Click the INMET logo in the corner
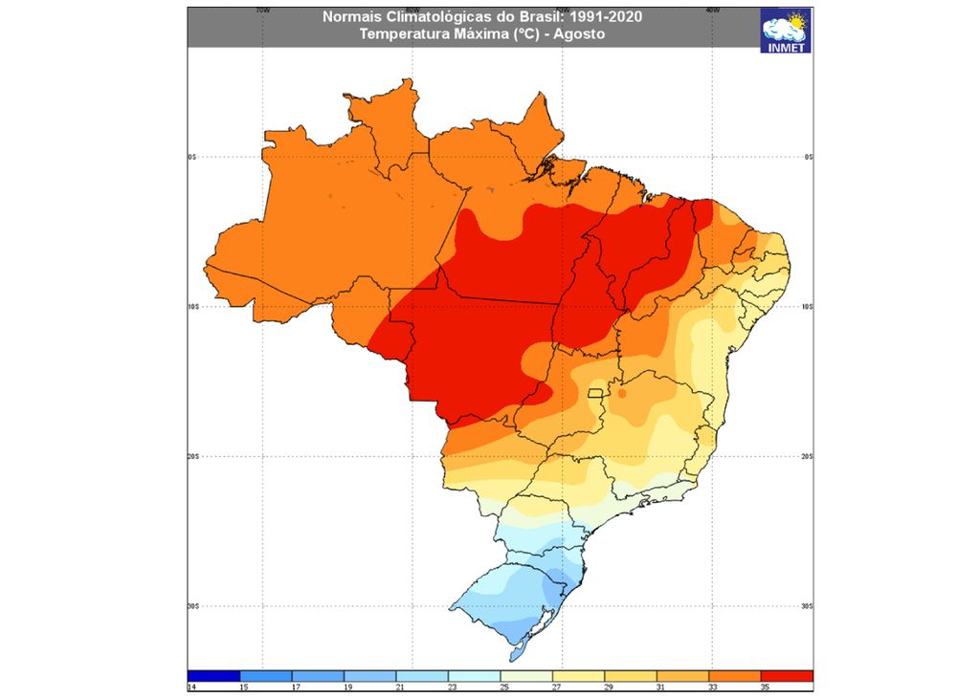[785, 30]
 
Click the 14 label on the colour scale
[191, 687]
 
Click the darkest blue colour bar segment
[213, 675]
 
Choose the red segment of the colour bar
[787, 675]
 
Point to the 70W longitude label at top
[262, 10]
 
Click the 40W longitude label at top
[711, 10]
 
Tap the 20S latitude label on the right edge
[808, 456]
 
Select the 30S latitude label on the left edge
[192, 606]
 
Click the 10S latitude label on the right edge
[808, 306]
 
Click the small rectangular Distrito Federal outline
[597, 393]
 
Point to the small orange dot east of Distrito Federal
[622, 392]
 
